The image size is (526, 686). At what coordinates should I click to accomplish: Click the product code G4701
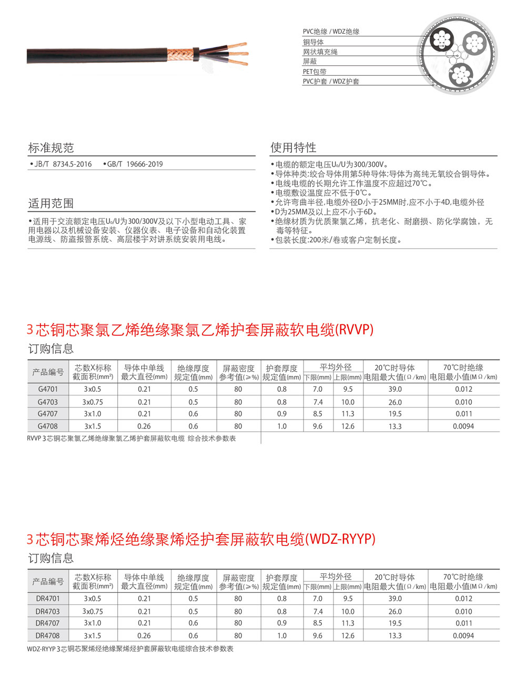48,389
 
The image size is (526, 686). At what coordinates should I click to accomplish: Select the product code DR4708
48,635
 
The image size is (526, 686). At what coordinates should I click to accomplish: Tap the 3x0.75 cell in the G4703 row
93,402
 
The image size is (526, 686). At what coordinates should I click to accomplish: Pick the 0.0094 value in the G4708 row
463,426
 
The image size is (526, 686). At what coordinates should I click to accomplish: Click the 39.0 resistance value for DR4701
395,599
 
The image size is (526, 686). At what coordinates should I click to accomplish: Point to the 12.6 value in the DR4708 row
348,635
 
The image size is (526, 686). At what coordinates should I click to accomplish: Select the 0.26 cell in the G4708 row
144,426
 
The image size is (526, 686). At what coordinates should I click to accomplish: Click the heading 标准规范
51,148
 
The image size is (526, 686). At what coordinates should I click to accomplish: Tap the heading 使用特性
294,147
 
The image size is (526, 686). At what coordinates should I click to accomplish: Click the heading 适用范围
51,204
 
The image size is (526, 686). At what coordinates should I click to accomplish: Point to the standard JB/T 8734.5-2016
63,164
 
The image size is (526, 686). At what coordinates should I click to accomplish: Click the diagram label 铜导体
313,42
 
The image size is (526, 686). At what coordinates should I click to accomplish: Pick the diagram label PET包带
315,72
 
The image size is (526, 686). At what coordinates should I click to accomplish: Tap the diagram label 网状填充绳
320,52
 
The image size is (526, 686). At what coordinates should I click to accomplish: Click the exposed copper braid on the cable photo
180,53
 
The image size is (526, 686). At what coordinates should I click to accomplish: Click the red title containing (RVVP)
200,330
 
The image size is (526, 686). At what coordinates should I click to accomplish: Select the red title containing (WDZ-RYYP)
201,539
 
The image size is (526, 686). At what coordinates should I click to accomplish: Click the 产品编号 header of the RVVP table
48,372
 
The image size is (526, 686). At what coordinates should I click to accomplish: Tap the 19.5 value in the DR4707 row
395,623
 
